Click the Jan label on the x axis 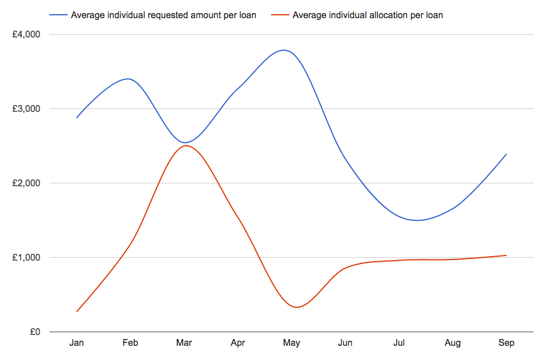point(77,343)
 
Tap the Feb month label point(130,343)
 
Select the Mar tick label point(184,343)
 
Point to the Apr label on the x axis point(238,343)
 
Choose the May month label point(292,343)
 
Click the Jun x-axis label point(345,343)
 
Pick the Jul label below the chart point(399,343)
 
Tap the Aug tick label point(452,343)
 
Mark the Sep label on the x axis point(506,343)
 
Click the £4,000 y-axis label point(26,35)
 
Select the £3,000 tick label point(26,109)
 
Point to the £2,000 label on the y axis point(26,183)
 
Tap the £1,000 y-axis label point(26,258)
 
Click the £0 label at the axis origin point(35,332)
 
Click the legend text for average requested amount point(163,15)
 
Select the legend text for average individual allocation point(368,15)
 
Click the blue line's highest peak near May point(284,50)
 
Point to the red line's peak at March point(185,146)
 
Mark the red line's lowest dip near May point(297,307)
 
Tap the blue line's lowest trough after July point(418,220)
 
